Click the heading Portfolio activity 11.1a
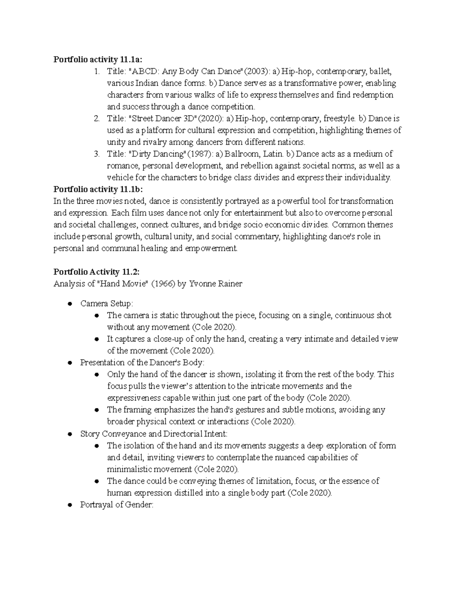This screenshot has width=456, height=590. point(99,59)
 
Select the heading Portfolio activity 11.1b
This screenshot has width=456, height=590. point(99,189)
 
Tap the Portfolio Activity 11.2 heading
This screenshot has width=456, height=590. point(97,272)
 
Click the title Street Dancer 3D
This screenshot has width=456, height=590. point(162,119)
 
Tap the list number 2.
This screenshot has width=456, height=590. point(97,119)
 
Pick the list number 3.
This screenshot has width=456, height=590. point(97,154)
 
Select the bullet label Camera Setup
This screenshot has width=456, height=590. point(106,304)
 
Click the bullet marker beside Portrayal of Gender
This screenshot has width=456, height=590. point(70,505)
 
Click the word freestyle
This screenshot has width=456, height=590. point(339,119)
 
